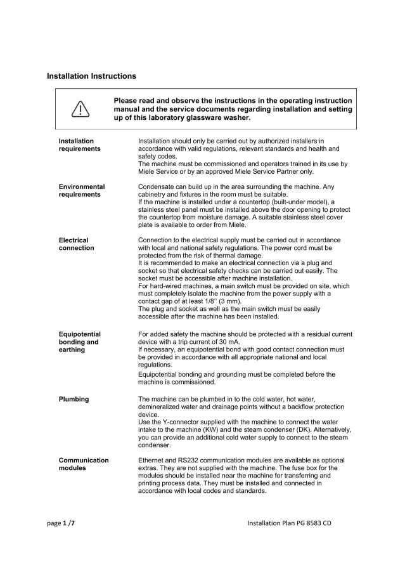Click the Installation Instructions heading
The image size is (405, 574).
[x=91, y=76]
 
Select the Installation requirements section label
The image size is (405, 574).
[x=79, y=145]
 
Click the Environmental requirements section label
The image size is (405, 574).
[x=81, y=191]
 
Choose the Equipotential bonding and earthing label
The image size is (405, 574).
[x=79, y=342]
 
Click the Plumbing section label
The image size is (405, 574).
[x=74, y=400]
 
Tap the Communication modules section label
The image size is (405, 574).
[x=84, y=464]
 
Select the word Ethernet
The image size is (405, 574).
[x=152, y=460]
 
